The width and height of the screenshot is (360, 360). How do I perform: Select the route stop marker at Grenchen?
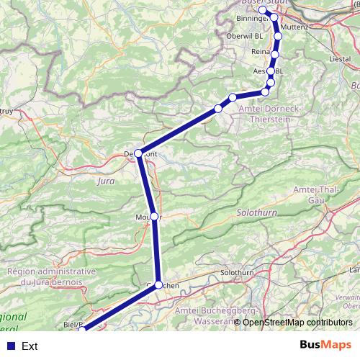coord(159,284)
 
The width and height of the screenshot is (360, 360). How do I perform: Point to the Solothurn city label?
coord(238,274)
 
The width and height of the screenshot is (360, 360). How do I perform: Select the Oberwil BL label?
coord(246,35)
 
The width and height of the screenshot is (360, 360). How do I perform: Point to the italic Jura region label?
coord(106,181)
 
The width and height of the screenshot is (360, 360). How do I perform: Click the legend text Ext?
coord(30,346)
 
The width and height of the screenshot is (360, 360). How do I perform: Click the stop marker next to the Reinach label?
coord(275,53)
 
